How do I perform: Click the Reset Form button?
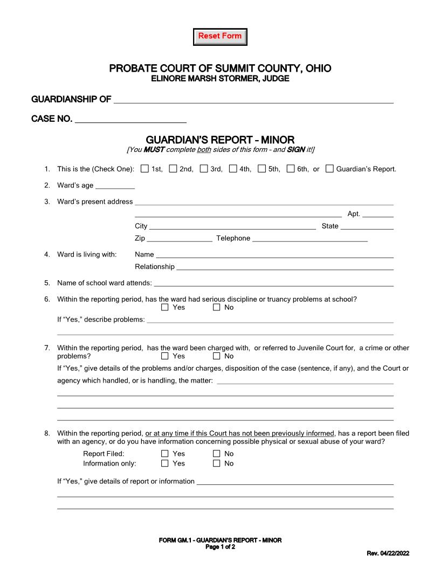pyautogui.click(x=220, y=37)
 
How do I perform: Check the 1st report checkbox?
pyautogui.click(x=145, y=169)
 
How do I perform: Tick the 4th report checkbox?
pyautogui.click(x=233, y=169)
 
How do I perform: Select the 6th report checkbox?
pyautogui.click(x=291, y=169)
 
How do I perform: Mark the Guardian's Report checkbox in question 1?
pyautogui.click(x=329, y=169)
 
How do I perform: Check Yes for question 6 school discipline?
pyautogui.click(x=165, y=308)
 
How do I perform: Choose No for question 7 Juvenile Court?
pyautogui.click(x=217, y=356)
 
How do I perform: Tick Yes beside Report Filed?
pyautogui.click(x=165, y=454)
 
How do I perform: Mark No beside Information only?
pyautogui.click(x=217, y=463)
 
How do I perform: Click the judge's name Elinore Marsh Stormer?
pyautogui.click(x=220, y=79)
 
